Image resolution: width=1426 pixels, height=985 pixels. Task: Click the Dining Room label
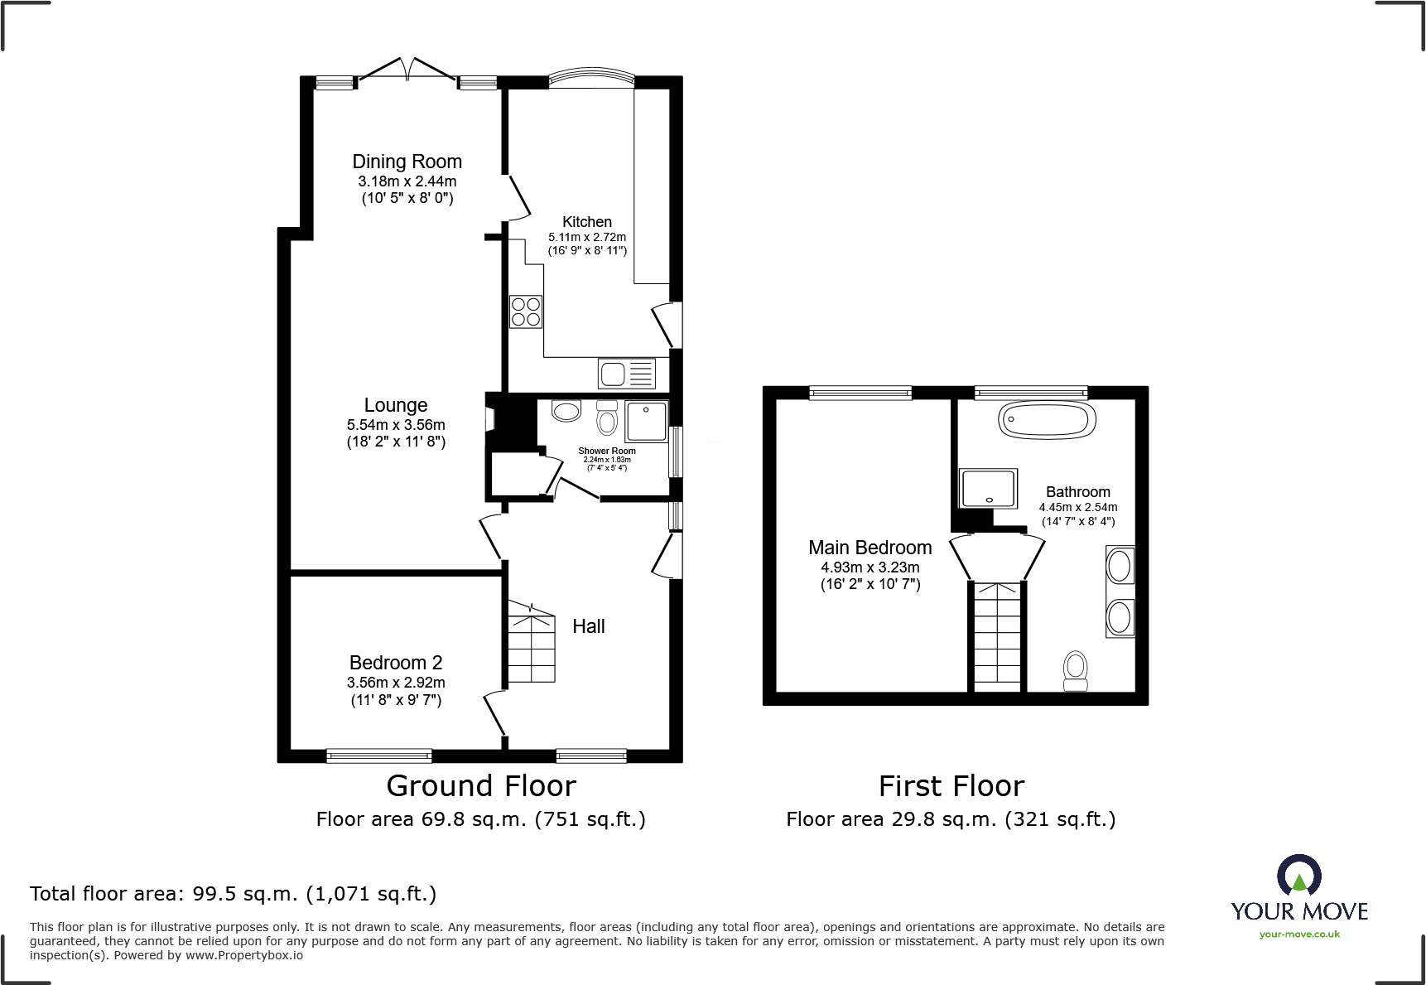point(407,162)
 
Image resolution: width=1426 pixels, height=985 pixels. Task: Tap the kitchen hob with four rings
point(526,311)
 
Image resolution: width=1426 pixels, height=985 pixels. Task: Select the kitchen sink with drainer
point(627,374)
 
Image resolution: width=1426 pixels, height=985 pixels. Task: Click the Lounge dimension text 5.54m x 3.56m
point(396,425)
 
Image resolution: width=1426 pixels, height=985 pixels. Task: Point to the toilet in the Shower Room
point(607,418)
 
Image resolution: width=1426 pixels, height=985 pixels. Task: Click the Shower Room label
point(607,451)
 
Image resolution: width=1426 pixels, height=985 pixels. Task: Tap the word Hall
point(589,626)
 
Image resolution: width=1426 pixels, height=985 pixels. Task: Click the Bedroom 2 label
point(396,663)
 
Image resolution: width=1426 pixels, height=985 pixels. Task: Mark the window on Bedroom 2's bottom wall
point(379,755)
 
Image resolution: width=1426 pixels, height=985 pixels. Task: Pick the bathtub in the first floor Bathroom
point(1047,420)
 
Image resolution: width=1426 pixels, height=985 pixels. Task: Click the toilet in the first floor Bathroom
point(1075,669)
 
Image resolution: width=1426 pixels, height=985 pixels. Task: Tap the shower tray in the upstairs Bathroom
point(987,489)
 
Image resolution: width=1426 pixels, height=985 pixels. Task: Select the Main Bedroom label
point(870,548)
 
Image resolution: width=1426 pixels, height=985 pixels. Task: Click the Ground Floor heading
point(481,785)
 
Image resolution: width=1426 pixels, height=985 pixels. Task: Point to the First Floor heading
point(951,785)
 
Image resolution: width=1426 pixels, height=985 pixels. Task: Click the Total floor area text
point(233,894)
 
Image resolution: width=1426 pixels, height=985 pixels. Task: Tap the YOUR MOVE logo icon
point(1298,875)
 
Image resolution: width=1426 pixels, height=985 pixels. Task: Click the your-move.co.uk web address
point(1299,934)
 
